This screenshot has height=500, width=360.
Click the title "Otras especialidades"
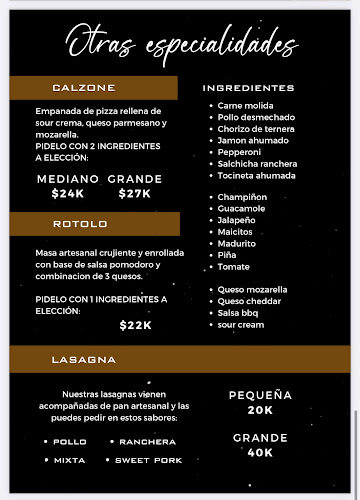(181, 44)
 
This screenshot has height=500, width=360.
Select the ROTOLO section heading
(80, 224)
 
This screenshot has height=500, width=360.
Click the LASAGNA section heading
(84, 359)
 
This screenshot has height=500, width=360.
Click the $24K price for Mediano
(68, 194)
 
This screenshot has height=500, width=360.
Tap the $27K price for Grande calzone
(134, 194)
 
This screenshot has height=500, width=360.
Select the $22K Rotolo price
(135, 325)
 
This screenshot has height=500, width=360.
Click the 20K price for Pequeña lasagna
(260, 410)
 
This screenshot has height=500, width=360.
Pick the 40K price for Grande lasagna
(260, 452)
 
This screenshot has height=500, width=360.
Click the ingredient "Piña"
(228, 255)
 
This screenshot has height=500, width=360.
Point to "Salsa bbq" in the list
(238, 313)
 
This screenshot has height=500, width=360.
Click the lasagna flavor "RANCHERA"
(148, 441)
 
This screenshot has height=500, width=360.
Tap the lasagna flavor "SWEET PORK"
(148, 460)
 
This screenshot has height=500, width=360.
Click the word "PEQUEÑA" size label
(260, 395)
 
